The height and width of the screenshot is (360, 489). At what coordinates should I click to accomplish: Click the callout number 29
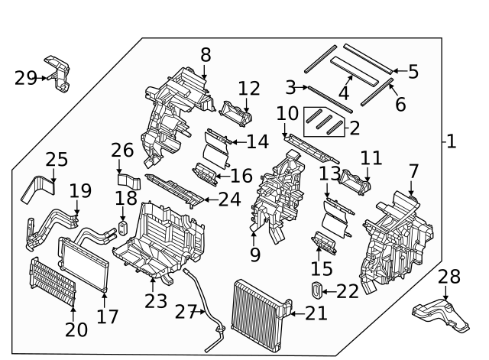coord(24,76)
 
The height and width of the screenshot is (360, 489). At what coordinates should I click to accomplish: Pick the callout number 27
coord(186,312)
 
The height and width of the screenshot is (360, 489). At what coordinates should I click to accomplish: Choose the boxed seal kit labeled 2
coord(324,120)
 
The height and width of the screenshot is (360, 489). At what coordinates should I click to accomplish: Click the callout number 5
coord(413,72)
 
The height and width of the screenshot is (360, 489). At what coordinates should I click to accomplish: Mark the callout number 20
coord(76,329)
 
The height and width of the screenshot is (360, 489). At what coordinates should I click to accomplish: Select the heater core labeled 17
coord(84,264)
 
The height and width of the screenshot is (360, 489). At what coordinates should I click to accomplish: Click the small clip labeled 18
coord(122,229)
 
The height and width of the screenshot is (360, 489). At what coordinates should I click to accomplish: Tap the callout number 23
coord(156,300)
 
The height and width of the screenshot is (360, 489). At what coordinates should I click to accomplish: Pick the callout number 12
coord(248,89)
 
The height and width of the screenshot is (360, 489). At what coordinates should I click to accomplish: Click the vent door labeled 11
coord(356,181)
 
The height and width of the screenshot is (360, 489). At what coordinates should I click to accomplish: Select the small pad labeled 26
coord(130,182)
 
